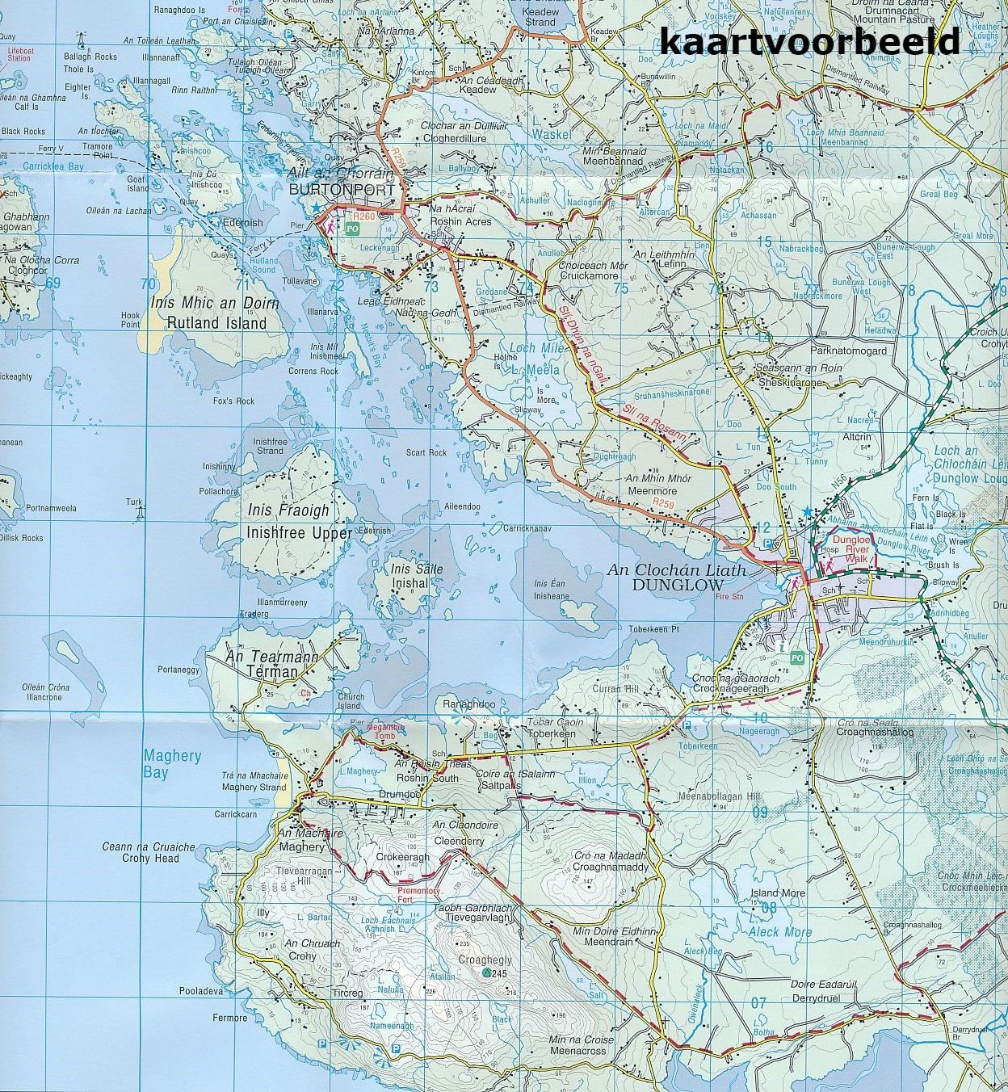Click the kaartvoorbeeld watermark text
(x=810, y=41)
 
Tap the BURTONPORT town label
(x=343, y=190)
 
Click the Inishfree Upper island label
(x=300, y=533)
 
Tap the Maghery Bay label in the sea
(x=171, y=764)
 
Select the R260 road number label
(x=366, y=216)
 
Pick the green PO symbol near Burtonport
(x=352, y=229)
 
